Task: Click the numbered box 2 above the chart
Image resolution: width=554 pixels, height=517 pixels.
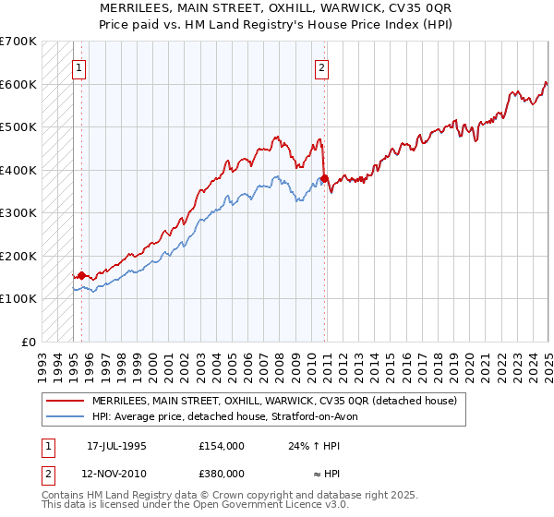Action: (x=321, y=66)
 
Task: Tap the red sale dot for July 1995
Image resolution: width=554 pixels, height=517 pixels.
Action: (x=81, y=275)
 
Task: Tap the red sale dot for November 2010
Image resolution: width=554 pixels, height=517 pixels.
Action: (x=325, y=178)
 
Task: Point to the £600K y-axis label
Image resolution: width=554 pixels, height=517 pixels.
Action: (x=18, y=84)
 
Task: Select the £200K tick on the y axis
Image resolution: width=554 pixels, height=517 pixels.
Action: (x=18, y=256)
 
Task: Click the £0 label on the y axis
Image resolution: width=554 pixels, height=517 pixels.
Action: (x=29, y=342)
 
